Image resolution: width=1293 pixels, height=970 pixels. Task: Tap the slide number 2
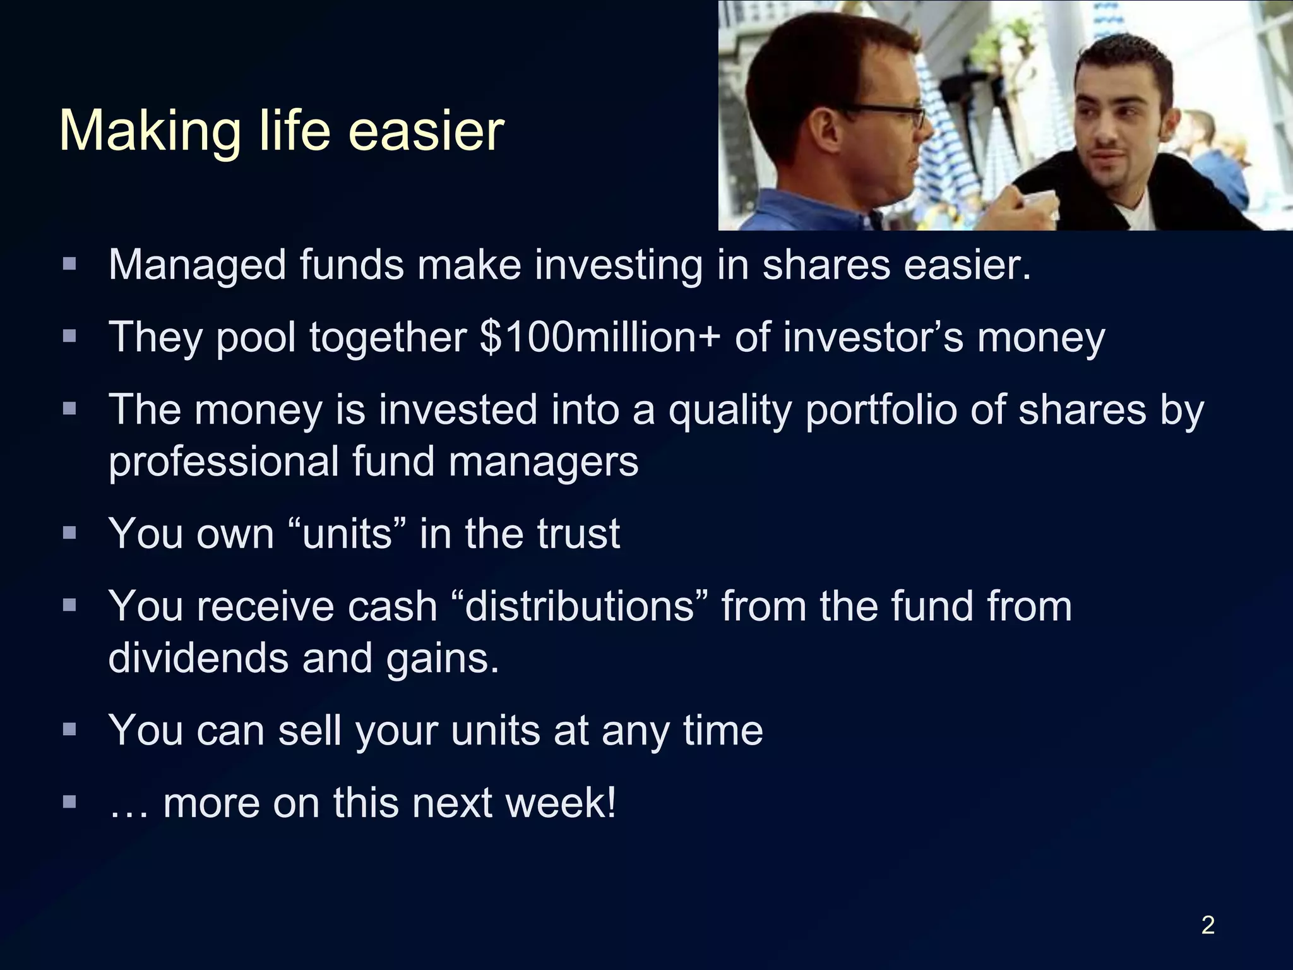point(1207,925)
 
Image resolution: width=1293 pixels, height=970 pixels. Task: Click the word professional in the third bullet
point(223,462)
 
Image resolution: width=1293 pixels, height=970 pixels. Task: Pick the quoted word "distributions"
point(580,606)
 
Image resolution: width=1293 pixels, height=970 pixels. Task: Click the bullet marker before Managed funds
point(69,263)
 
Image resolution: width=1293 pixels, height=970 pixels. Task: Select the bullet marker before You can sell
point(69,729)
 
